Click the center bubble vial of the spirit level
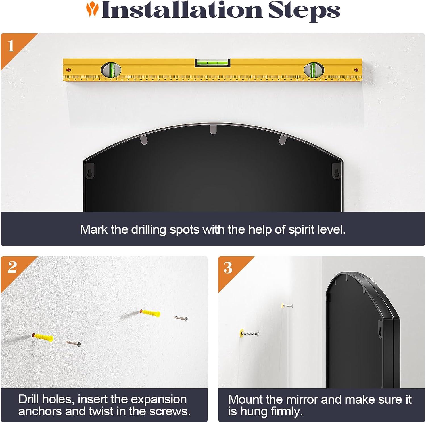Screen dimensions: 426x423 (212, 63)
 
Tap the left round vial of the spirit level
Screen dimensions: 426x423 (111, 70)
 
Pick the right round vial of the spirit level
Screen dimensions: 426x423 (314, 70)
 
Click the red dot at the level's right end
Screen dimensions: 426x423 (356, 70)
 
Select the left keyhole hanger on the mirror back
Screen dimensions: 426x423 (90, 172)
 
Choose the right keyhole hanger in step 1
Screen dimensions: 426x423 (337, 172)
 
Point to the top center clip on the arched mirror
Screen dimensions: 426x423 (213, 129)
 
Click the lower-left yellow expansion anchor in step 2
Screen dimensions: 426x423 (43, 337)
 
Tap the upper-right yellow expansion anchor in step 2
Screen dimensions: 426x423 (150, 313)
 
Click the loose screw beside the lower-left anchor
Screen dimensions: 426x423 (73, 343)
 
